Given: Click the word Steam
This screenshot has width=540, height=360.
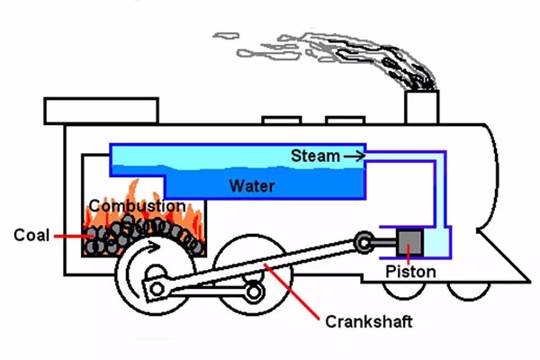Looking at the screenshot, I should (x=314, y=156).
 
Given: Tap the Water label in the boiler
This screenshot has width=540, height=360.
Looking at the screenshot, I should (x=251, y=187).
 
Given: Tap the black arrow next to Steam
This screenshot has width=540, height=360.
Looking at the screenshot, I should (x=355, y=156).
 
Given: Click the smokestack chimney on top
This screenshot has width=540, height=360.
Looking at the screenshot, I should (x=420, y=107).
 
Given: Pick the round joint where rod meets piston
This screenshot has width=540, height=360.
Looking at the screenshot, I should (x=363, y=240).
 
